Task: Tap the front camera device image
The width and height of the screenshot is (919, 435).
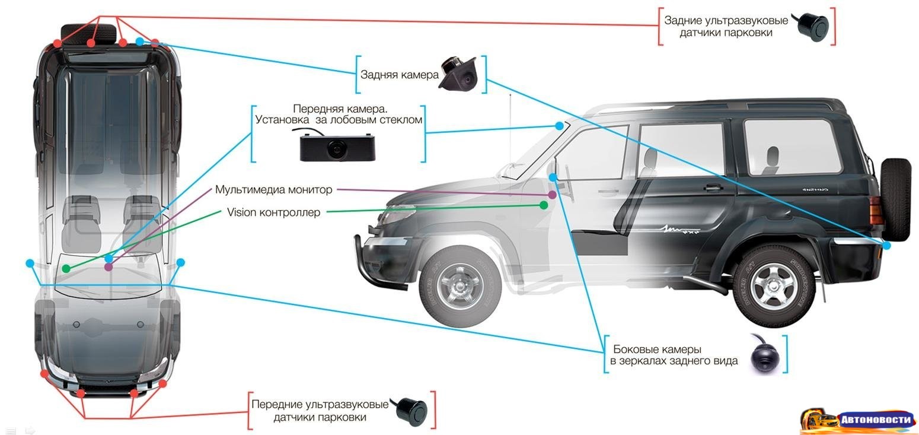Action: pyautogui.click(x=336, y=147)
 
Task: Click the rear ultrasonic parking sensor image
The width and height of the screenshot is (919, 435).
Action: pyautogui.click(x=812, y=24)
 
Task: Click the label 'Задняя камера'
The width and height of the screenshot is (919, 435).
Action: pyautogui.click(x=399, y=75)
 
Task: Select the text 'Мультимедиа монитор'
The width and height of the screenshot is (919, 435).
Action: pyautogui.click(x=273, y=190)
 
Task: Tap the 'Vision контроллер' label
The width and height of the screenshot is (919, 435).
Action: pyautogui.click(x=273, y=212)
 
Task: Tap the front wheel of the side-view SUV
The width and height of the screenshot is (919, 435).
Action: pyautogui.click(x=460, y=288)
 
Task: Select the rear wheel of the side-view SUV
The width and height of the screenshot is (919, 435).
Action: pyautogui.click(x=774, y=286)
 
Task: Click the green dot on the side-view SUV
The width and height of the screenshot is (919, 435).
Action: pyautogui.click(x=544, y=205)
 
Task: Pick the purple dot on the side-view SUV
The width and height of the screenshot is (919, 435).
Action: pyautogui.click(x=553, y=195)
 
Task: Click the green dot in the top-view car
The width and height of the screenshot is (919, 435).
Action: pyautogui.click(x=66, y=269)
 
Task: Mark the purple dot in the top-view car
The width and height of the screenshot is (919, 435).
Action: pyautogui.click(x=108, y=267)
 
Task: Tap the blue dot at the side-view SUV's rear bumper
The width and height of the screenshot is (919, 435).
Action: pyautogui.click(x=886, y=245)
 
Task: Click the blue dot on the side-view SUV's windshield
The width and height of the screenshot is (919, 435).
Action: pyautogui.click(x=559, y=126)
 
